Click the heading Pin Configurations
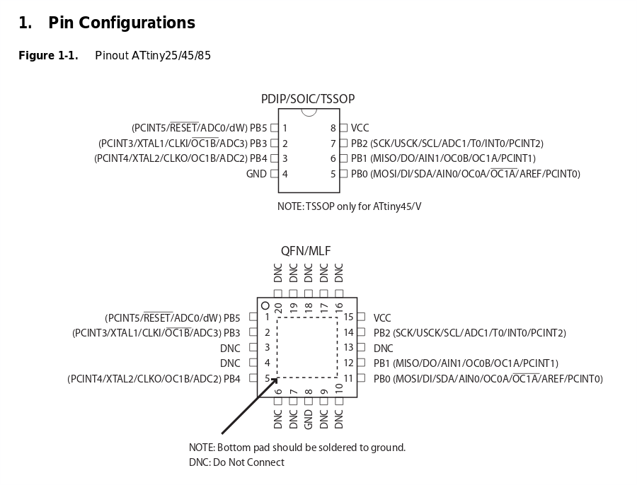click(121, 23)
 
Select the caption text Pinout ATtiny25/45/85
click(152, 56)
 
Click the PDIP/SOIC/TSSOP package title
click(308, 99)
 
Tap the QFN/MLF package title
click(306, 251)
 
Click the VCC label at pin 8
click(360, 128)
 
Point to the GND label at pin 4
click(256, 174)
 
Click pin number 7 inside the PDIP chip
click(333, 144)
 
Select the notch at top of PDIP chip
click(309, 112)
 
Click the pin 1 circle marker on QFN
click(265, 306)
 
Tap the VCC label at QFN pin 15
click(382, 318)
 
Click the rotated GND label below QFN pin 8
click(309, 419)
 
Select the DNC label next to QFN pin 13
click(383, 349)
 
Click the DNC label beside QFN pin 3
click(230, 349)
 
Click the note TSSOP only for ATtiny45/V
click(349, 206)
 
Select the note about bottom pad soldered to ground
click(297, 448)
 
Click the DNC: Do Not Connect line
click(236, 462)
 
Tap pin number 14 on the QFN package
click(348, 333)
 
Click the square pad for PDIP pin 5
click(343, 174)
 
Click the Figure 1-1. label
click(48, 56)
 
